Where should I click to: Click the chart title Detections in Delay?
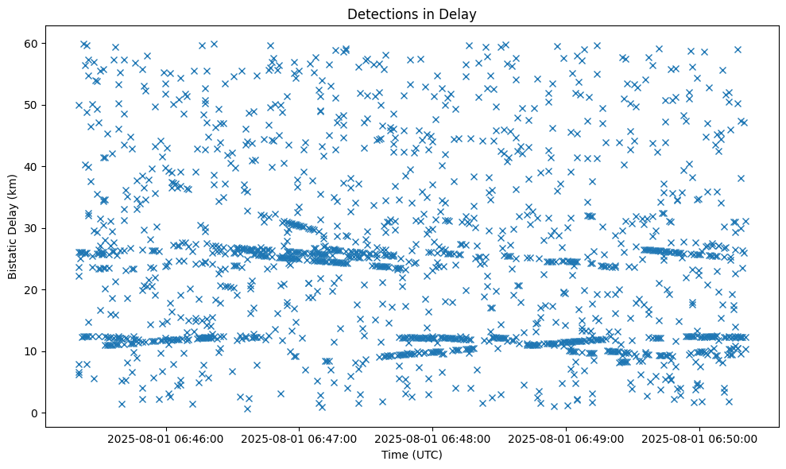point(412,14)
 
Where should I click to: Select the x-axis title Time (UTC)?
point(412,455)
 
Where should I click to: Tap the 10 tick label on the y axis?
point(35,351)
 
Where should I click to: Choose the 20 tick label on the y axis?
point(35,289)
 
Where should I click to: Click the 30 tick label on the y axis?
point(35,228)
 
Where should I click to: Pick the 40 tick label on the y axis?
point(35,166)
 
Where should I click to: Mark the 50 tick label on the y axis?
point(35,105)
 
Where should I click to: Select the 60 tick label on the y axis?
point(35,43)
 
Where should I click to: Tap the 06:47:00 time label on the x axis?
point(300,438)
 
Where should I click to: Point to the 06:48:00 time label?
point(433,438)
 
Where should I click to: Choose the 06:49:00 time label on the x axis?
point(567,438)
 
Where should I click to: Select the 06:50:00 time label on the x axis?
point(699,438)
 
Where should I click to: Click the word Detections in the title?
point(379,14)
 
